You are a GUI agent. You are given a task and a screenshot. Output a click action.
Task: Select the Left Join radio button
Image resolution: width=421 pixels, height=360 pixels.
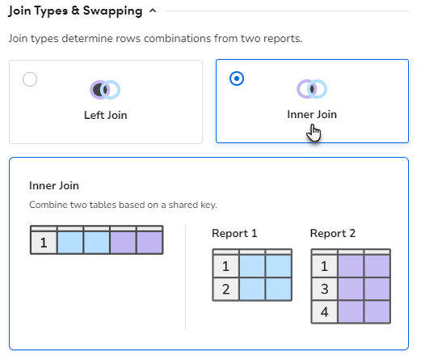[x=30, y=79]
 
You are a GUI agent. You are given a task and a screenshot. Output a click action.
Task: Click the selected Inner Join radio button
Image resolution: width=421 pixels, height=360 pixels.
[x=237, y=78]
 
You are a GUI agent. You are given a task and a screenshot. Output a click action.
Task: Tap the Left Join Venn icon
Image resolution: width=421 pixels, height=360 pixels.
[x=105, y=90]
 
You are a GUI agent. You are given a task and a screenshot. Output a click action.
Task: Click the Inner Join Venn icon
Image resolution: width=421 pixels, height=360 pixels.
[x=312, y=89]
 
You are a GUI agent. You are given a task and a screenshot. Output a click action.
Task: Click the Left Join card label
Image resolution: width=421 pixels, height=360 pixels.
[x=106, y=115]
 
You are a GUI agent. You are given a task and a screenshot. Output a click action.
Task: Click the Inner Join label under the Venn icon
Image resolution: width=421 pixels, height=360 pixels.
[x=312, y=114]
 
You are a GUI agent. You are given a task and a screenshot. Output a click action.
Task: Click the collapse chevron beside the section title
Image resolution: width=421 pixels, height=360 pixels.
[x=153, y=11]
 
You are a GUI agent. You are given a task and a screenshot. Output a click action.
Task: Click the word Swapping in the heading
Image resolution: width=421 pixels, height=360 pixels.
[x=112, y=11]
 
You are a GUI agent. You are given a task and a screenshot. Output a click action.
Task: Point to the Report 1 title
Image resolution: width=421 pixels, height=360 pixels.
[x=234, y=233]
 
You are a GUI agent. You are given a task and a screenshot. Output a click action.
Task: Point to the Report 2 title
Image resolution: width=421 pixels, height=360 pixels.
[x=333, y=233]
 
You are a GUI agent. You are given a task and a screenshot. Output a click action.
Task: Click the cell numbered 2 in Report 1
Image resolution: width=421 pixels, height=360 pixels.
[x=226, y=289]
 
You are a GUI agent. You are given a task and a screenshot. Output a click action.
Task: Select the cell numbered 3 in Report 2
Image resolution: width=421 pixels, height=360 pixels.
[x=325, y=289]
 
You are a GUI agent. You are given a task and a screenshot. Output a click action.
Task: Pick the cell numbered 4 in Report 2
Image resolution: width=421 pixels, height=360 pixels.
[x=325, y=311]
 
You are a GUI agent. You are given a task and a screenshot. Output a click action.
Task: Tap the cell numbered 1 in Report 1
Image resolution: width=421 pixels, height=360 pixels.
[x=226, y=266]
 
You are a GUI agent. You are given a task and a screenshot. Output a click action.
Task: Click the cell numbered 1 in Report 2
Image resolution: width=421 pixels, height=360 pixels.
[x=325, y=266]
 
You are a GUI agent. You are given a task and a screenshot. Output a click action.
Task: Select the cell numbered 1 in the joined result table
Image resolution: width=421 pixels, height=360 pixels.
[x=44, y=243]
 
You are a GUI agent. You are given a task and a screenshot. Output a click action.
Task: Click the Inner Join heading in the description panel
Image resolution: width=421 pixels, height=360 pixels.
[x=54, y=185]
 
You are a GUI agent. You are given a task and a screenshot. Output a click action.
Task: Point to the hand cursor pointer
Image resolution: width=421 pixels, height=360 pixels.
[x=314, y=133]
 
